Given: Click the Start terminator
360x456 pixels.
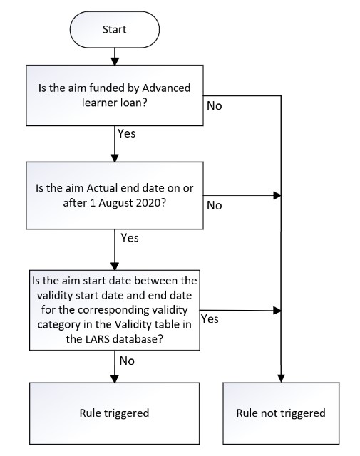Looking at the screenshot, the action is pos(115,29).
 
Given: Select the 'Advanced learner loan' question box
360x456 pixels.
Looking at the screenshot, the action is pos(115,95).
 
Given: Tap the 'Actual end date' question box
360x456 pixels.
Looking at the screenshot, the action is pos(115,195).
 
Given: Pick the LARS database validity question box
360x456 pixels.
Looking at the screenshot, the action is pos(115,310).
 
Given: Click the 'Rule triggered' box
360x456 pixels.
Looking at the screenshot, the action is pos(115,413).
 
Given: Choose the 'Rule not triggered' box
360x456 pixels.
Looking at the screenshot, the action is pos(281,413).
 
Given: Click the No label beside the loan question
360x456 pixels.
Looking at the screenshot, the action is pos(215,106).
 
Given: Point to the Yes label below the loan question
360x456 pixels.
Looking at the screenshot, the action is pos(127,133).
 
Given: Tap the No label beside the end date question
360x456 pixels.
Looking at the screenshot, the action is pos(215,206).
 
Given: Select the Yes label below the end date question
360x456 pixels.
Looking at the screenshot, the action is pos(130,238).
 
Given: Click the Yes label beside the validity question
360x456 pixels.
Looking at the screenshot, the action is pos(210,318).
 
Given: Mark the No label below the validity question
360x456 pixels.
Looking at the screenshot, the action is pos(127,361).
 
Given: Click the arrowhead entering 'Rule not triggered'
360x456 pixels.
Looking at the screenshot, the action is pos(281,378).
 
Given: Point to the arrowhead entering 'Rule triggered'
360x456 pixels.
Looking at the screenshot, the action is pos(115,378).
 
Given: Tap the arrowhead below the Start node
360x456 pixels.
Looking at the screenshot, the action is pos(115,61).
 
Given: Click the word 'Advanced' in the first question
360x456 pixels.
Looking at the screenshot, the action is pos(166,88).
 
